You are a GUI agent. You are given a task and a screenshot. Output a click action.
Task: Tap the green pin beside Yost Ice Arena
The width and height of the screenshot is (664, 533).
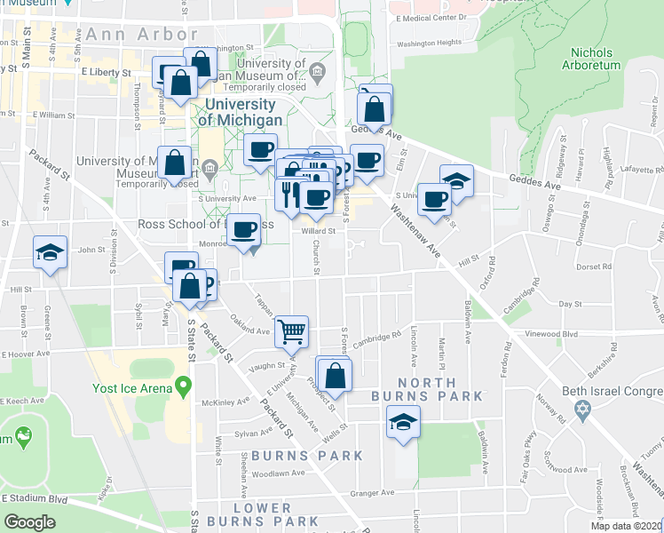(x=184, y=386)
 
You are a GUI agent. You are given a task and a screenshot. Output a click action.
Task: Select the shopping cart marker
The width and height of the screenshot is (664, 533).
(x=291, y=331)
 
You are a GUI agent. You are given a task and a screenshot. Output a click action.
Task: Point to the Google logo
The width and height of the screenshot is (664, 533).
(x=30, y=522)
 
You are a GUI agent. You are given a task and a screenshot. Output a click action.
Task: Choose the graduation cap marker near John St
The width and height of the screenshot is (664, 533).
(x=50, y=252)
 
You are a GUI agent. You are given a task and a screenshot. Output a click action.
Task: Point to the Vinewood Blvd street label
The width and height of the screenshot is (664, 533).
(x=549, y=334)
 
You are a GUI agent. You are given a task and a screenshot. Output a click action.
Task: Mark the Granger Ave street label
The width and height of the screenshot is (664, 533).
(x=372, y=490)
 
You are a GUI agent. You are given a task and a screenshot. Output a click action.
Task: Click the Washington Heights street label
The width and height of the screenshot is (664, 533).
(x=429, y=42)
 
